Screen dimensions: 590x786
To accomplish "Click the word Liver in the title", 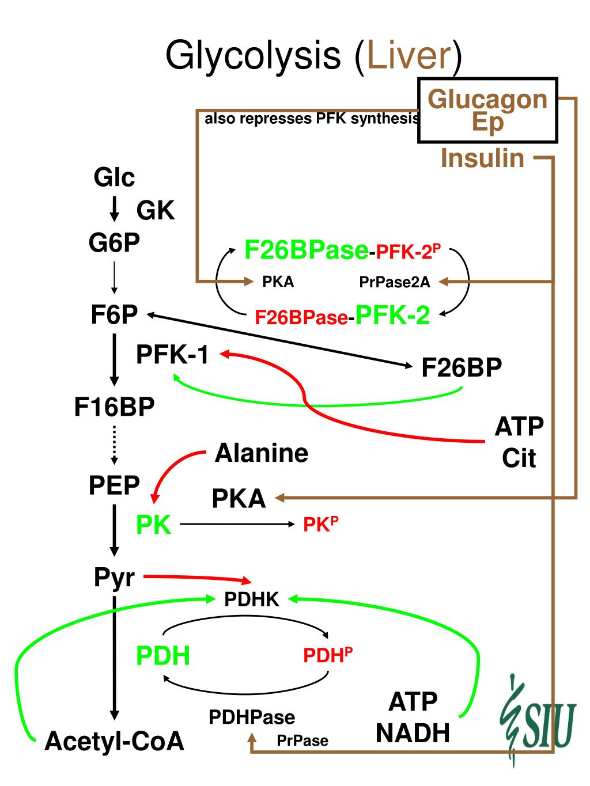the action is tap(409, 55).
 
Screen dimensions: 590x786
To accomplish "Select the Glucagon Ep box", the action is tap(487, 111).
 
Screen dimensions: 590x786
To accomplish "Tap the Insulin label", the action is tap(482, 158).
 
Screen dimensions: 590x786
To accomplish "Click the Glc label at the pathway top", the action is tap(114, 177).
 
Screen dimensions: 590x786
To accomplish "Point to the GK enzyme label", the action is tap(155, 210).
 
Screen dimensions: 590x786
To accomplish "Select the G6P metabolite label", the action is tap(114, 243).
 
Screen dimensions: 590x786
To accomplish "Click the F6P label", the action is tap(114, 314).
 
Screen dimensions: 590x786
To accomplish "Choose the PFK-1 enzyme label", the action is tap(172, 355).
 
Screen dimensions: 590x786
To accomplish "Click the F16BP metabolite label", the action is tap(114, 407).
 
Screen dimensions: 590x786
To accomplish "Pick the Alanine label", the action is tap(262, 453).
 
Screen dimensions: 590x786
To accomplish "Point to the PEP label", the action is tap(114, 485).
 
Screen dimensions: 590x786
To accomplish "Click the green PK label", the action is tap(154, 525).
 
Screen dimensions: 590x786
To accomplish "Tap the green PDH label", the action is tap(163, 656).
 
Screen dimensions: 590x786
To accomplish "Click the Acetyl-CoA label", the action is tap(114, 741).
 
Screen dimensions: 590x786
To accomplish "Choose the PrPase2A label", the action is tap(395, 282).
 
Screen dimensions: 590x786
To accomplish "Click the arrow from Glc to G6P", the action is tap(114, 209).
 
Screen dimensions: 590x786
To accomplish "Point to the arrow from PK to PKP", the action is tap(237, 524).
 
